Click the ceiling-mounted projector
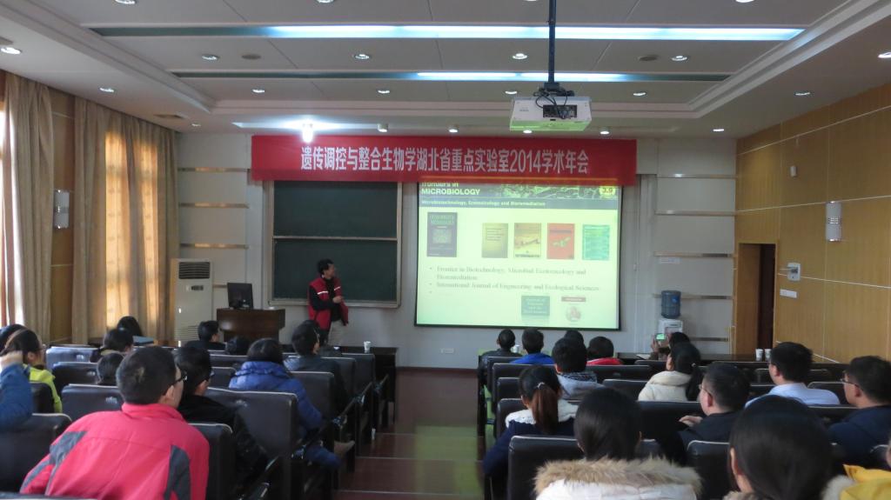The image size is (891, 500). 550,113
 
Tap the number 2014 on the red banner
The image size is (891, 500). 544,161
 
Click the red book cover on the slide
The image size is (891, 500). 560,241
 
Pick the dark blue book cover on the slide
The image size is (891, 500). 441,233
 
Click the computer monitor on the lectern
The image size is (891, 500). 239,295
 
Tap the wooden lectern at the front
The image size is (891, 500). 251,323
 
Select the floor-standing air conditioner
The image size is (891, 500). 191,298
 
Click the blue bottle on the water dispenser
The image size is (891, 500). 670,304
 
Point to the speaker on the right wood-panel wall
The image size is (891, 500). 833,221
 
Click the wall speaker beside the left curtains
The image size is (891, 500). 61,209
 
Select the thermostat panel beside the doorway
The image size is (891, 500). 793,271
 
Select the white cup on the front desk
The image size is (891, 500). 367,346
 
